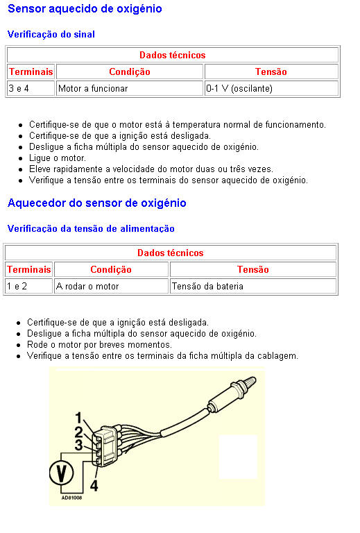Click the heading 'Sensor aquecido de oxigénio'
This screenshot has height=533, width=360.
[x=85, y=8]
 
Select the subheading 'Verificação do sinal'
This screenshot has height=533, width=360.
[x=51, y=34]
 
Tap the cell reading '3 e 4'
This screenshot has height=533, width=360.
[x=31, y=88]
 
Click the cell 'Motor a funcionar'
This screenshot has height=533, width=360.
[x=130, y=88]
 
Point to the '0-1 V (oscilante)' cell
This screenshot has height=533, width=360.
[x=271, y=88]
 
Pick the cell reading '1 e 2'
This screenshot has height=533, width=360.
[x=28, y=286]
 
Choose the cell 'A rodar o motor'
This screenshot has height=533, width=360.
[x=111, y=286]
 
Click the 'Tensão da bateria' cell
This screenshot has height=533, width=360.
[x=253, y=286]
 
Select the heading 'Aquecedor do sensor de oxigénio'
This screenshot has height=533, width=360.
[x=97, y=203]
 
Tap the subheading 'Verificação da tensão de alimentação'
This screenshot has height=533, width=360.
[x=91, y=228]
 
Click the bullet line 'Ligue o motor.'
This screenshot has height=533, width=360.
[x=58, y=158]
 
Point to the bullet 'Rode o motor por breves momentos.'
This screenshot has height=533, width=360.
[x=99, y=345]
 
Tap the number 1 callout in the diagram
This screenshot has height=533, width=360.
[x=78, y=418]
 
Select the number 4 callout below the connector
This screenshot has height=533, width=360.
[x=94, y=485]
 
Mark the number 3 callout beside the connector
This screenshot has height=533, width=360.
[x=78, y=445]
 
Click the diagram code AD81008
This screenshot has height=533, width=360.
[x=71, y=498]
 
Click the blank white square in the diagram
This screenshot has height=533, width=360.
[x=238, y=457]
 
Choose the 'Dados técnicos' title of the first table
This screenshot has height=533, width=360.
[x=173, y=55]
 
